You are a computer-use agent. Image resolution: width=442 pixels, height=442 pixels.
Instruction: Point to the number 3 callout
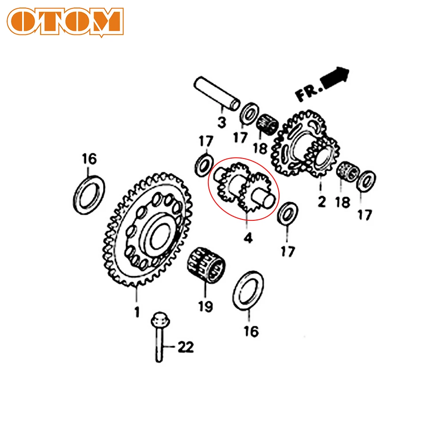(222, 121)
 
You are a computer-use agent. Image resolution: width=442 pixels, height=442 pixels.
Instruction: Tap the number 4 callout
(248, 239)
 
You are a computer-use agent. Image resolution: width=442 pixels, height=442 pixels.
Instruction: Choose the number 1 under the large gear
(137, 312)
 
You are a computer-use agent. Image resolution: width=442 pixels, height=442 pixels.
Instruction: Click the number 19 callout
(205, 306)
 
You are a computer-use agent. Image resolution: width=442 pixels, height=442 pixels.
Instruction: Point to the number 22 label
(185, 348)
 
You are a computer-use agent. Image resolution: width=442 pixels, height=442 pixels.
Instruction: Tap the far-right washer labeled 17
(366, 181)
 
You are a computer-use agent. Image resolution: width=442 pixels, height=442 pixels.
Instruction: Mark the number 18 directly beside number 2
(343, 202)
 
